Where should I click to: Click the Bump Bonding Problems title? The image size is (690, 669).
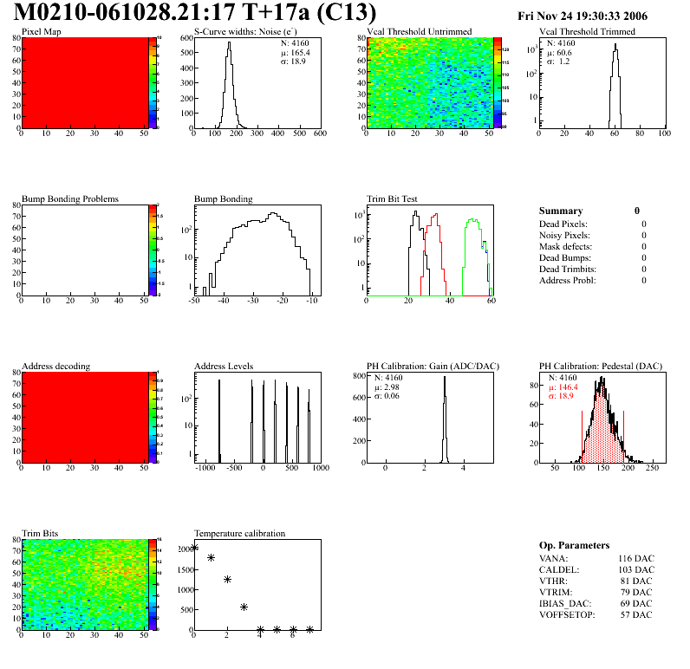point(70,198)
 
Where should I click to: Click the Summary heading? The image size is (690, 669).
point(561,211)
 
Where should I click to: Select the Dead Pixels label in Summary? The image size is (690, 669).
point(564,224)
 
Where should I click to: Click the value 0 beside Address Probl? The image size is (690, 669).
point(644,280)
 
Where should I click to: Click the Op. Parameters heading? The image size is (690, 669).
point(574,545)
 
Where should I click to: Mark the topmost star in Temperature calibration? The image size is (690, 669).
point(194,547)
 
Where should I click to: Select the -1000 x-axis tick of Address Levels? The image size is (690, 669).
point(205,468)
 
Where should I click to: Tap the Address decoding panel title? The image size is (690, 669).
point(55,366)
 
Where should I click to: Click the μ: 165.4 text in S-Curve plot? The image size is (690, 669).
point(298,52)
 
